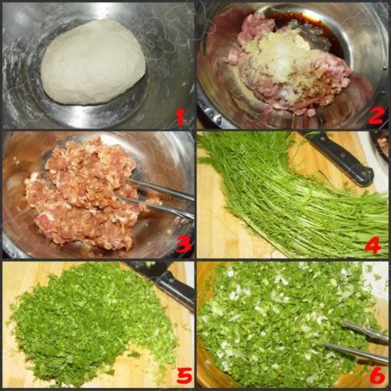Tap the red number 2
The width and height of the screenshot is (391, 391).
coord(375,117)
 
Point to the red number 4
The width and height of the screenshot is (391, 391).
coord(373,245)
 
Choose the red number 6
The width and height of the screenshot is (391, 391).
coord(376,375)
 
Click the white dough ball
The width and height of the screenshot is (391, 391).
coord(93,63)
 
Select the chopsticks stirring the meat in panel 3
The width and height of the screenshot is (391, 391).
coord(159,198)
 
